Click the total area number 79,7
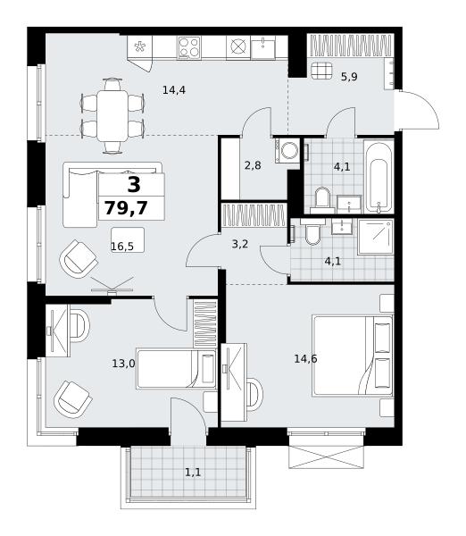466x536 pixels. pyautogui.click(x=126, y=208)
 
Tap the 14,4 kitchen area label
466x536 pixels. pyautogui.click(x=174, y=90)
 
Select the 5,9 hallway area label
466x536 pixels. pyautogui.click(x=349, y=77)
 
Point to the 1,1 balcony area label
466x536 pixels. pyautogui.click(x=193, y=473)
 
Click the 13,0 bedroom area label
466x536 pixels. pyautogui.click(x=124, y=364)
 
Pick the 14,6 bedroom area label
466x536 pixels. pyautogui.click(x=306, y=358)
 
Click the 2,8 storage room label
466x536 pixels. pyautogui.click(x=253, y=165)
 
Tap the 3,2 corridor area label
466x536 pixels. pyautogui.click(x=240, y=244)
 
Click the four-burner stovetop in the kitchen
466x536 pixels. pyautogui.click(x=189, y=47)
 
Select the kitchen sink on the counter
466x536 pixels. pyautogui.click(x=263, y=47)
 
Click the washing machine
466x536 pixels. pyautogui.click(x=287, y=151)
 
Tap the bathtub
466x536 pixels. pyautogui.click(x=379, y=176)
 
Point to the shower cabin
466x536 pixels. pyautogui.click(x=376, y=238)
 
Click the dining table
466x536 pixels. pyautogui.click(x=112, y=116)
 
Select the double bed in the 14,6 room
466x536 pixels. pyautogui.click(x=353, y=356)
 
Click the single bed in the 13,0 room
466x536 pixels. pyautogui.click(x=176, y=368)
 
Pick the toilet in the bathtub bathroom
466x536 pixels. pyautogui.click(x=322, y=200)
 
